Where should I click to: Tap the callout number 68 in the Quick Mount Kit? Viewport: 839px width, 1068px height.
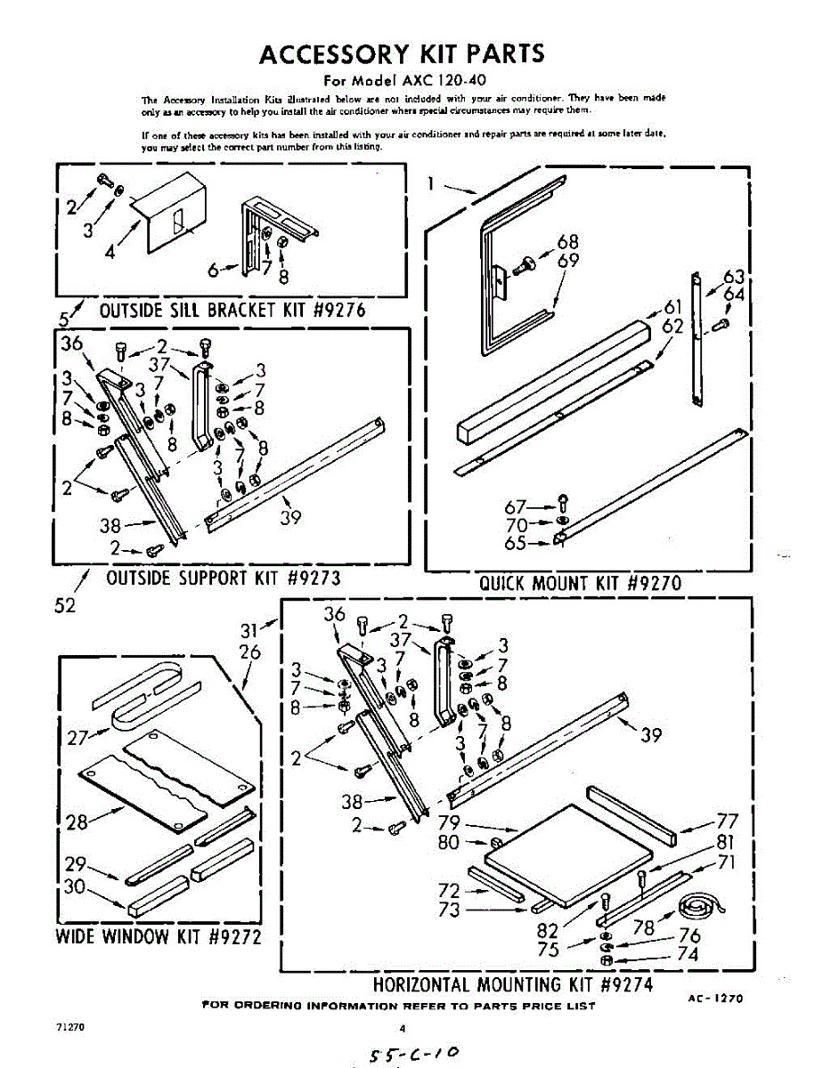568,242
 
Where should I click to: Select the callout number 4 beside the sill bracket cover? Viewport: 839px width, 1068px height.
109,252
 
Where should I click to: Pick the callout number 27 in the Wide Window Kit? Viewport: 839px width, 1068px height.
77,737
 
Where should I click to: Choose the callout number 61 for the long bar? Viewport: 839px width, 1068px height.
673,308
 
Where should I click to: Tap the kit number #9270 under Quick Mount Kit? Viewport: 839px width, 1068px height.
654,584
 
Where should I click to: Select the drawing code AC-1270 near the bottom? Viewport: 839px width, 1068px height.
714,999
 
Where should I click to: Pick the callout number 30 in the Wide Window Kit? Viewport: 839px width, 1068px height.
77,887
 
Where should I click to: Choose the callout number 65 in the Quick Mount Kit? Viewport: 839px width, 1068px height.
516,543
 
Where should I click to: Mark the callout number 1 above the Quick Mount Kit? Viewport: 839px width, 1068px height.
431,183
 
